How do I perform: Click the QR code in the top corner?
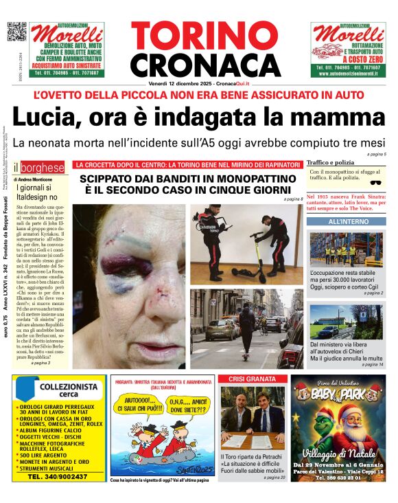(x=16, y=32)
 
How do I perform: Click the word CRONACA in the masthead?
(x=196, y=65)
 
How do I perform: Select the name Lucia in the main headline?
(x=45, y=117)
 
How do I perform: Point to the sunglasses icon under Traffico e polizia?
(x=375, y=183)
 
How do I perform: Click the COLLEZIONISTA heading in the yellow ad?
(x=60, y=388)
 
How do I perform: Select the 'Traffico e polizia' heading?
(x=331, y=162)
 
